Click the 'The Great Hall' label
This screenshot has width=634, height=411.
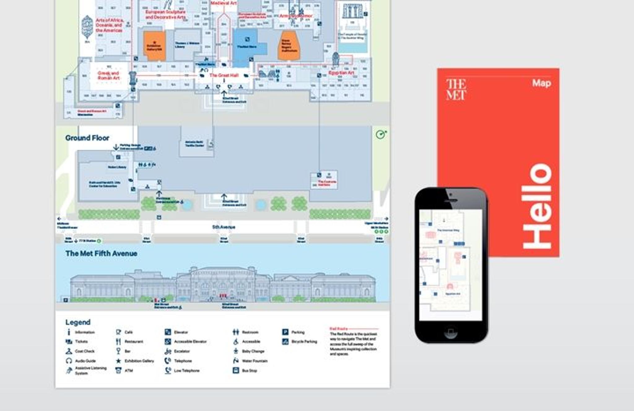point(224,75)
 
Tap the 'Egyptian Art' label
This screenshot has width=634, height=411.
point(341,73)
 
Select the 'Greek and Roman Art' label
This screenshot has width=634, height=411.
point(108,75)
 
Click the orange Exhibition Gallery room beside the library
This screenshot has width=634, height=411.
point(154,46)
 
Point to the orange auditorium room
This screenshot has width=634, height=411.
point(289,46)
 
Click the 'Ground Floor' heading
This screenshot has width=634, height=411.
point(87,138)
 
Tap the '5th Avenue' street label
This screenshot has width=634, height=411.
point(224,227)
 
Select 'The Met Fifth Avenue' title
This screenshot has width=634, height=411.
point(101,254)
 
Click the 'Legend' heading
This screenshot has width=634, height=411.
point(78,322)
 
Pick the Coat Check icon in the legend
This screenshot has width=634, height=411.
point(69,351)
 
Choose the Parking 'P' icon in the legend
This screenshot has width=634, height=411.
point(285,332)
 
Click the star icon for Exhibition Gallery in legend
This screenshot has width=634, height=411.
point(118,361)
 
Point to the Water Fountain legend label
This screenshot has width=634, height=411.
point(254,361)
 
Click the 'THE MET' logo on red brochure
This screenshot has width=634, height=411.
point(456,89)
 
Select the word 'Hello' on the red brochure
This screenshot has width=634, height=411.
point(537,206)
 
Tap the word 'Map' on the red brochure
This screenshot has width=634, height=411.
point(541,83)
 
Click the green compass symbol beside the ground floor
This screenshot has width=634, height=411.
point(380,135)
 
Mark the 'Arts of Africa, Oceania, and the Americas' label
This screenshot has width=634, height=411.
point(109,25)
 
